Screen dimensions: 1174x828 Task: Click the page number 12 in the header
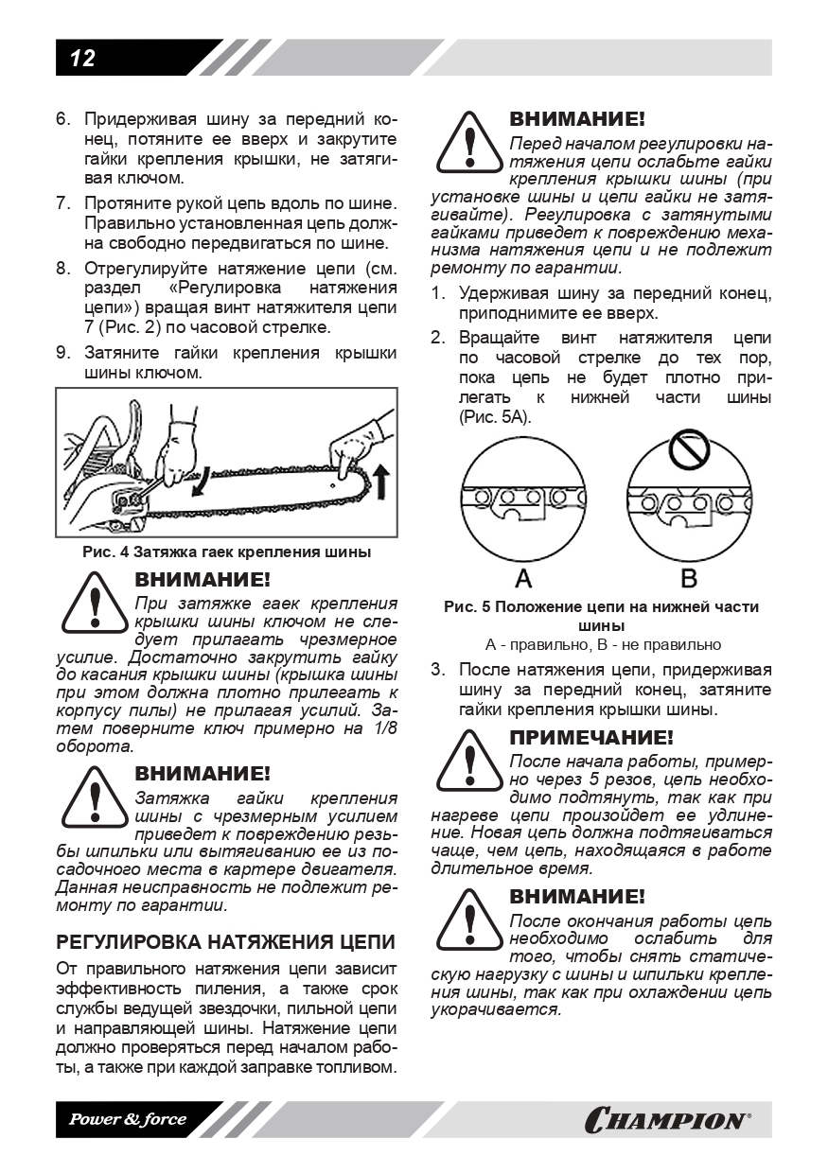pos(82,59)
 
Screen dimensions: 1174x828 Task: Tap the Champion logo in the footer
pos(668,1120)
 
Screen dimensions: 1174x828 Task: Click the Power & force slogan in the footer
pos(126,1120)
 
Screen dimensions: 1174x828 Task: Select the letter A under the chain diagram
pos(522,577)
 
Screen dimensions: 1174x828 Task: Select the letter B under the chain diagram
pos(688,577)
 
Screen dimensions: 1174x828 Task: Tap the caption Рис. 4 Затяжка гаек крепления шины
pos(225,552)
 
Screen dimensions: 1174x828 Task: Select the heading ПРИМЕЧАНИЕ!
pos(591,737)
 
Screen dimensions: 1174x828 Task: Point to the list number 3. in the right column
pos(438,670)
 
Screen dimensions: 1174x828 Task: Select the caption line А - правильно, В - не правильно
pos(603,644)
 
